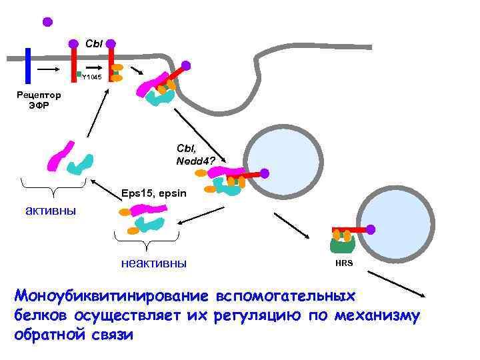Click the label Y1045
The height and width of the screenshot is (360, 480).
click(x=91, y=77)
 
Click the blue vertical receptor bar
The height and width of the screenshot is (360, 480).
click(x=28, y=66)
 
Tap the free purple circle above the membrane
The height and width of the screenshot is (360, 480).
click(x=47, y=21)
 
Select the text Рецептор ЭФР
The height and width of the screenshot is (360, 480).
click(x=39, y=99)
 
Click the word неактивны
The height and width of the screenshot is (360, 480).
click(x=153, y=262)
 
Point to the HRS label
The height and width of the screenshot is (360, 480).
click(x=344, y=263)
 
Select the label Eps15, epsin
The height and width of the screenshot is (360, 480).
click(x=155, y=194)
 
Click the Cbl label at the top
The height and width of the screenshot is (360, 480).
click(x=93, y=43)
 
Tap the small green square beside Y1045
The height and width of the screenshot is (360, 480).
click(x=78, y=73)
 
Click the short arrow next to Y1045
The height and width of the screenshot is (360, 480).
click(x=95, y=68)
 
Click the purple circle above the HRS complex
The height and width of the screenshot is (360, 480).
click(x=371, y=229)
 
